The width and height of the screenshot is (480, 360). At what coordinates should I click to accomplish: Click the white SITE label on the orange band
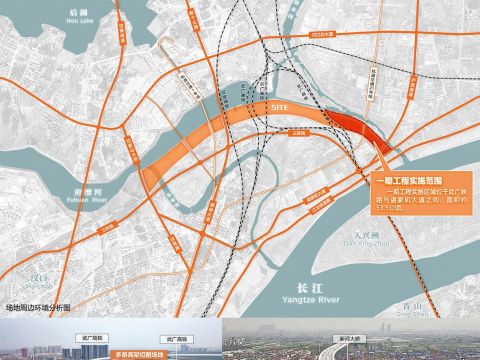coord(281,106)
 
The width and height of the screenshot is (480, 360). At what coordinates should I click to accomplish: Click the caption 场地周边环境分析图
coord(40,308)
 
